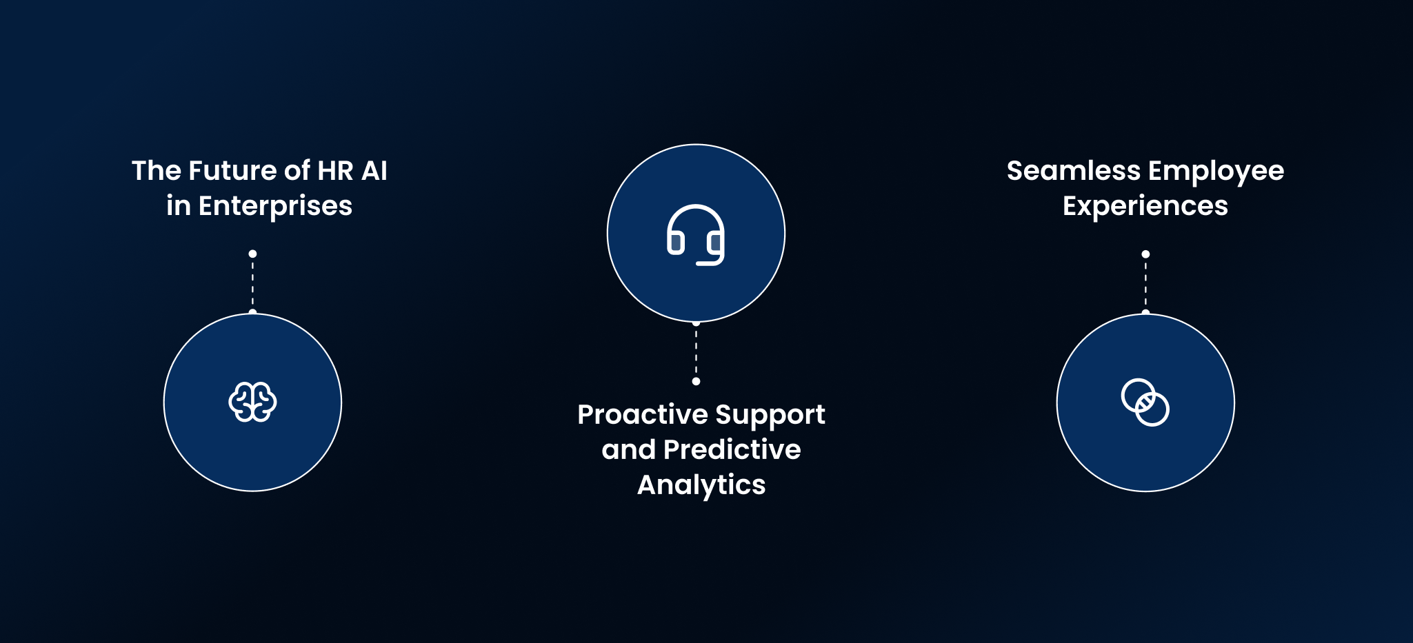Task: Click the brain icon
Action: tap(252, 402)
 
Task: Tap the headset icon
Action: tap(696, 234)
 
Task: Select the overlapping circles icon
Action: tap(1145, 402)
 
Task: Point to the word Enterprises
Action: tap(275, 206)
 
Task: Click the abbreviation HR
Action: tap(336, 170)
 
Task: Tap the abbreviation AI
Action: tap(374, 170)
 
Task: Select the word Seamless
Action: tap(1074, 170)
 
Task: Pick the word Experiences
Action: tap(1145, 207)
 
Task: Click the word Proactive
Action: tap(643, 414)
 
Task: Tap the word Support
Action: tap(770, 416)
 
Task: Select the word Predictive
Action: tap(732, 449)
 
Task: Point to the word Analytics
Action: tap(701, 485)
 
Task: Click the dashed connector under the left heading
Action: tap(252, 283)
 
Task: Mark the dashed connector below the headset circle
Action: tap(696, 351)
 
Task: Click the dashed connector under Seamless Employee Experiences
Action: tap(1145, 283)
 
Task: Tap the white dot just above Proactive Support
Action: tap(696, 381)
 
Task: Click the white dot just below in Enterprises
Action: tap(252, 254)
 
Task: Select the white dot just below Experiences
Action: tap(1145, 254)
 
